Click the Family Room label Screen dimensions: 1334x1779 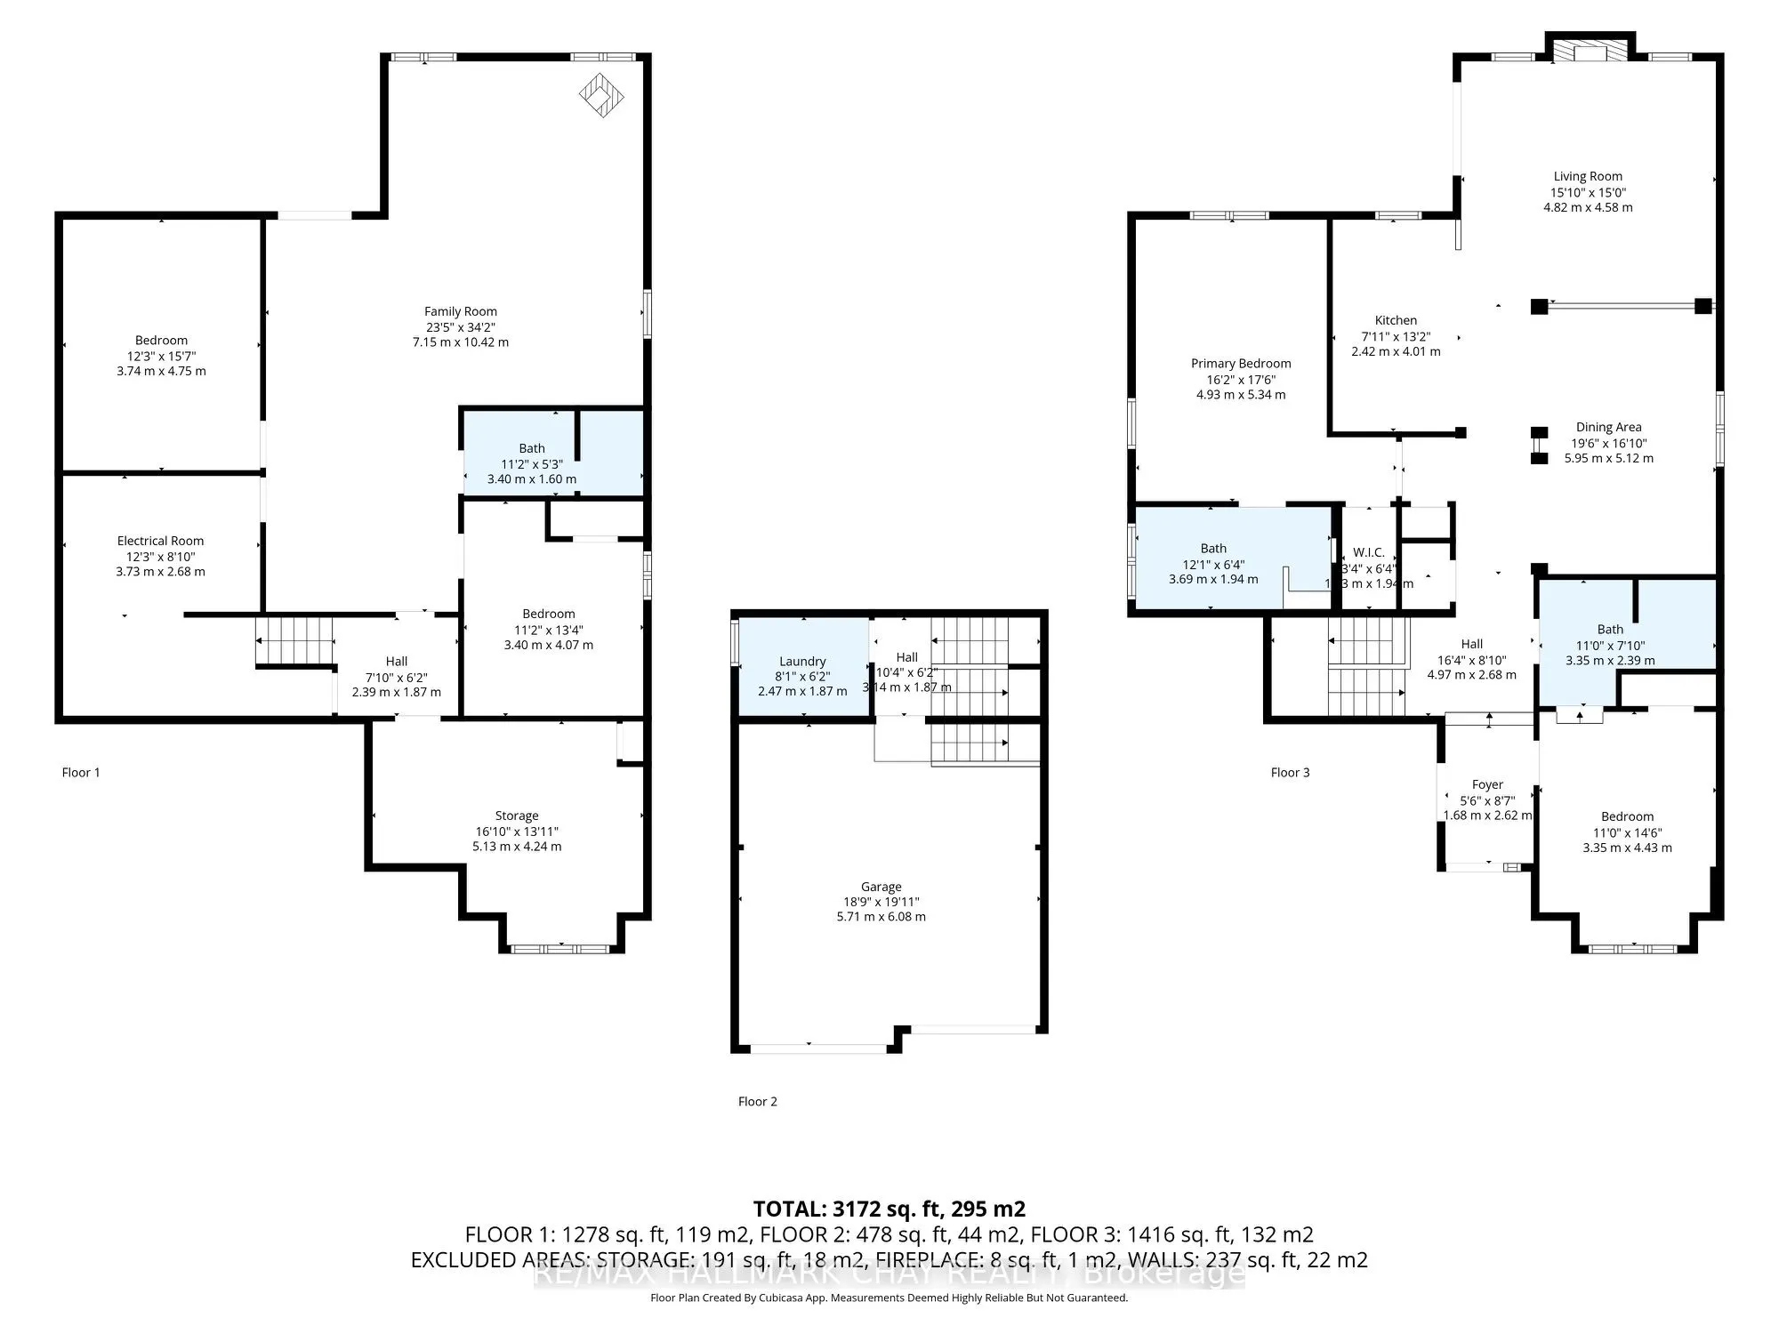point(460,311)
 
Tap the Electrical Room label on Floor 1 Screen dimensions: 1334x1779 point(160,541)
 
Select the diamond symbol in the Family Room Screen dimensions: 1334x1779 point(601,95)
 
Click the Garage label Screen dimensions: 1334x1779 point(881,887)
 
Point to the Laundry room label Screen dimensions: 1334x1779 point(802,662)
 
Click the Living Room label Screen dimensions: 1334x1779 point(1588,176)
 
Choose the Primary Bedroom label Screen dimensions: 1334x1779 point(1241,363)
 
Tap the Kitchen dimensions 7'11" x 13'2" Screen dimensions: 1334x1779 point(1396,336)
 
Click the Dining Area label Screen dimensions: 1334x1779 point(1608,427)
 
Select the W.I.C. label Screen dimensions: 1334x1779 point(1368,552)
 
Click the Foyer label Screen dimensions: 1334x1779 point(1487,784)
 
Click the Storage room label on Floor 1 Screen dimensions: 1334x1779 point(517,816)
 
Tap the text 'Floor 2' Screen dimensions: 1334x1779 point(757,1101)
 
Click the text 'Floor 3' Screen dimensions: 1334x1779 point(1290,772)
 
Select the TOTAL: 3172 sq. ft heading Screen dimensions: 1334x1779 point(889,1209)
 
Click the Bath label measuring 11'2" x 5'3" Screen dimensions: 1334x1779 point(532,448)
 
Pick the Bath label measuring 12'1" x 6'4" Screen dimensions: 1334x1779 point(1213,549)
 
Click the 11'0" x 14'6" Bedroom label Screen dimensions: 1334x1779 point(1627,816)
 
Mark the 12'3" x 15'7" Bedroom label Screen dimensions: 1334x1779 point(161,340)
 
